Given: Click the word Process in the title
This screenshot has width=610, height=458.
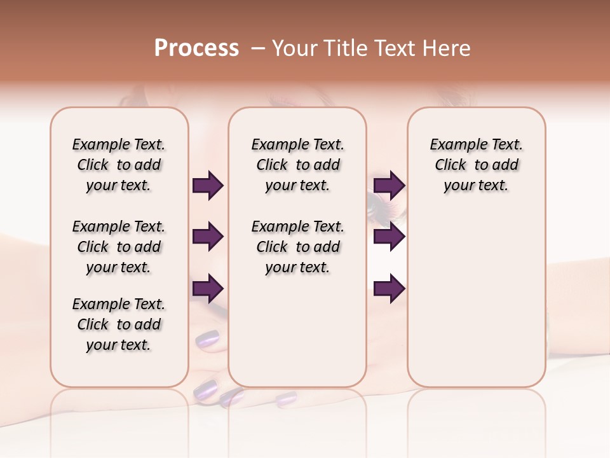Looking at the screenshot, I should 196,48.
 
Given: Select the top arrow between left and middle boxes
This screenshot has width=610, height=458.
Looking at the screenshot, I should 208,186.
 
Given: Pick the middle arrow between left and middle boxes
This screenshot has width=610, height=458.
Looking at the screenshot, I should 208,237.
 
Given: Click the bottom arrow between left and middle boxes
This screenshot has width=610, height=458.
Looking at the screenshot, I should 208,289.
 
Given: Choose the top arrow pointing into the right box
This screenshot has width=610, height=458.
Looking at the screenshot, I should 389,186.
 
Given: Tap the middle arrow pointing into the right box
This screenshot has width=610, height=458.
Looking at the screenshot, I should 389,237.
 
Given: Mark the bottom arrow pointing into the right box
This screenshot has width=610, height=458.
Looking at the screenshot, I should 389,289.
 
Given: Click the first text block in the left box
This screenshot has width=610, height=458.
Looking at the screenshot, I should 119,165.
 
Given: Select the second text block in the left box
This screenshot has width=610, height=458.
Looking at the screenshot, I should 119,247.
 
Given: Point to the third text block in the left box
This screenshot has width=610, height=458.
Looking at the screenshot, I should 119,324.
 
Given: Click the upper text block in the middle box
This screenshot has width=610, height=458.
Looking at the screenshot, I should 297,165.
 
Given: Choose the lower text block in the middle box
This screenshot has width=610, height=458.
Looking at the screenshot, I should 297,247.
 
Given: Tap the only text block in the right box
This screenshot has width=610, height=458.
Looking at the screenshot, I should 477,165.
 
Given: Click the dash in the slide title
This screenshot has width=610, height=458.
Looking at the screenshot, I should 258,48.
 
